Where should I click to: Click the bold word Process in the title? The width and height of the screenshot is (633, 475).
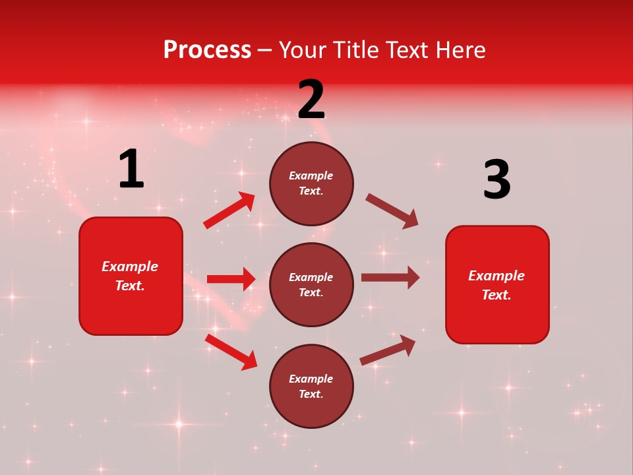coord(207,50)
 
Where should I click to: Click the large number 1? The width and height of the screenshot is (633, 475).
coord(131,169)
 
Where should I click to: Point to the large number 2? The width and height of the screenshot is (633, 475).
coord(311,100)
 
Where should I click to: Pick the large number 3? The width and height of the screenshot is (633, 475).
coord(497,180)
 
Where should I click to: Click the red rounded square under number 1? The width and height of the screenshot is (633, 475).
coord(131,276)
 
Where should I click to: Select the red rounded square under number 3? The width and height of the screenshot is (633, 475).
coord(497,285)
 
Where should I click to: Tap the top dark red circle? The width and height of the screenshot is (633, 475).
coord(311,183)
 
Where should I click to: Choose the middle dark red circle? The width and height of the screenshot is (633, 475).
coord(311,285)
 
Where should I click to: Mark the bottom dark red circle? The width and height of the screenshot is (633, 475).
coord(311,387)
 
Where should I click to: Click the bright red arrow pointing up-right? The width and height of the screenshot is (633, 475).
coord(229,210)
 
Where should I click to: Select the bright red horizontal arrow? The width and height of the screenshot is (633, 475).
coord(231,279)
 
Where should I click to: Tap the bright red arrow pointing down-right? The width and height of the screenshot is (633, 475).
coord(231,352)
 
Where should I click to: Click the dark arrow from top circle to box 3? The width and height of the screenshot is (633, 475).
coord(392,211)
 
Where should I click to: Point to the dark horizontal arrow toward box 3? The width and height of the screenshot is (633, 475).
coord(390,278)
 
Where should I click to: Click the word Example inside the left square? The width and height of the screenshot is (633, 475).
coord(130,267)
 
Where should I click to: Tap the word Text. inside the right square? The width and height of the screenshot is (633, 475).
coord(497,295)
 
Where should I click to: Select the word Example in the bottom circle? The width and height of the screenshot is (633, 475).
coord(311,379)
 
